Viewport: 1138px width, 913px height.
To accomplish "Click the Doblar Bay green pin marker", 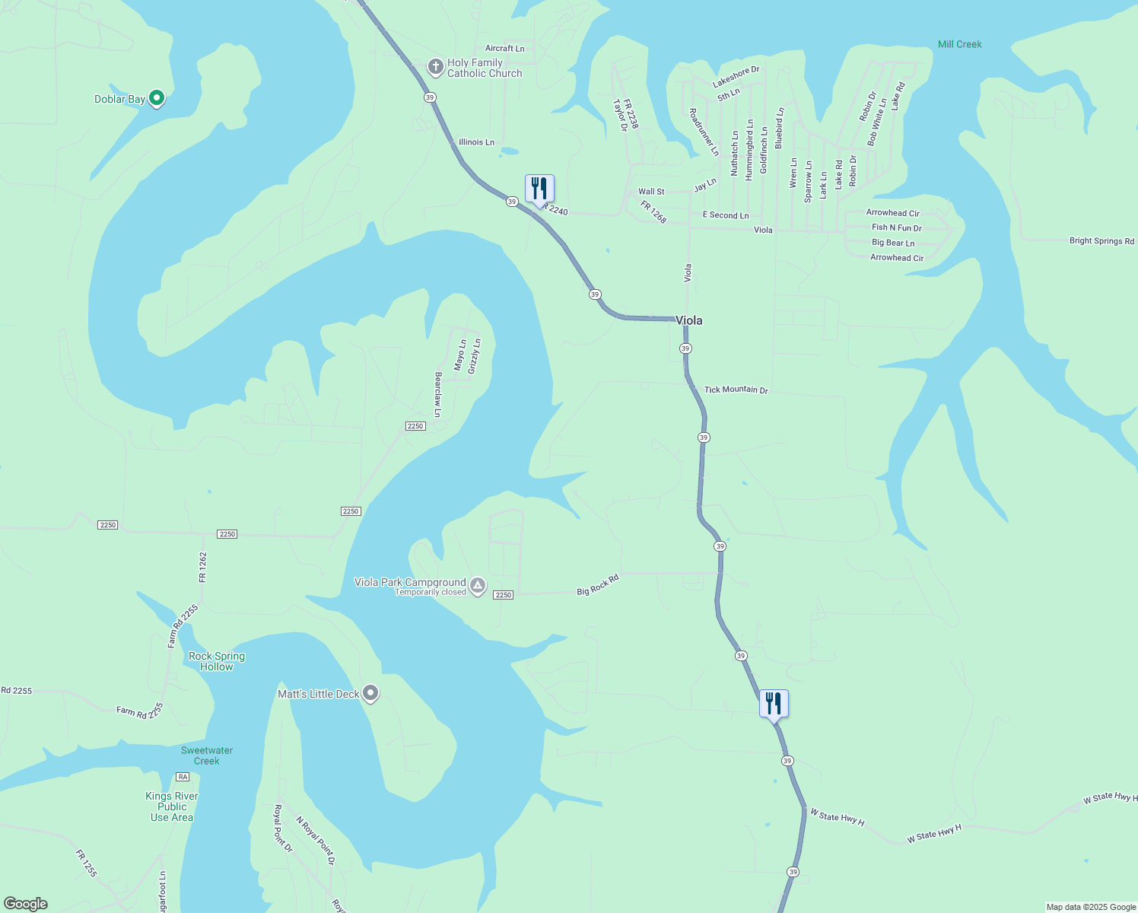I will pos(157,98).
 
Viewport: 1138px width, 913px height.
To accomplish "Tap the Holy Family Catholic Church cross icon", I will pos(435,68).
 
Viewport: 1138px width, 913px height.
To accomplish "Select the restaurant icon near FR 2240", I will pos(539,189).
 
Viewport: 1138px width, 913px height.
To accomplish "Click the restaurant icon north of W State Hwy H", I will pos(774,704).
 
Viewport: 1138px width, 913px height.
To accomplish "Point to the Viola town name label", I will pos(689,320).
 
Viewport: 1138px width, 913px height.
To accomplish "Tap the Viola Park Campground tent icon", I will pos(478,586).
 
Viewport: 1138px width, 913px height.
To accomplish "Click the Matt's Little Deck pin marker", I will pos(370,693).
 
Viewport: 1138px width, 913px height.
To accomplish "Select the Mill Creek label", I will pos(959,44).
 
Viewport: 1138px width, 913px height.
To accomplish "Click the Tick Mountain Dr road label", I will pos(736,390).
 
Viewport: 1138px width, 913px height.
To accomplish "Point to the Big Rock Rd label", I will pos(598,585).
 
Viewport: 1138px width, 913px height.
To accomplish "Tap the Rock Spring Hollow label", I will pos(217,661).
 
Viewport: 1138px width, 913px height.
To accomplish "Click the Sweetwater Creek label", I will pos(206,756).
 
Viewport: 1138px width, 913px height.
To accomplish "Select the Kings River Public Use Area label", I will pos(172,806).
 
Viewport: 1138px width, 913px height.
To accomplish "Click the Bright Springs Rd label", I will pos(1101,241).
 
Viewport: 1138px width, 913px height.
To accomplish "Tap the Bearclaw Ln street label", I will pos(437,394).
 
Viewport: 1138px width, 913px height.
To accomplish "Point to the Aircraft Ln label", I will pos(505,49).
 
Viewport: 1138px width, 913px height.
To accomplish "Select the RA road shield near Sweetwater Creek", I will pos(182,777).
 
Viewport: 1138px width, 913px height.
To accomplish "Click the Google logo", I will pos(26,904).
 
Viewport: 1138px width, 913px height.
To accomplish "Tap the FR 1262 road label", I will pos(202,567).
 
